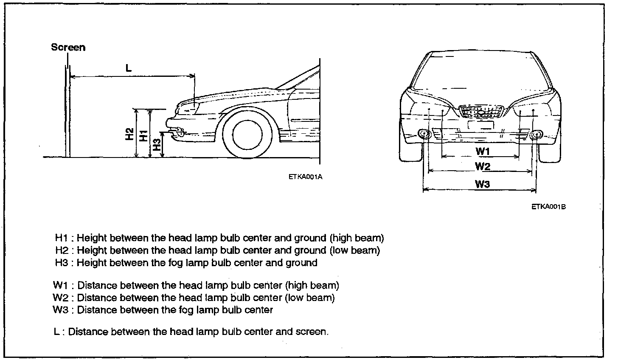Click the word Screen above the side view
tap(68, 47)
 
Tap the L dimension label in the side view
tap(129, 68)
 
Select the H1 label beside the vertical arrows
tap(144, 135)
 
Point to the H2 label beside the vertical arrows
tap(129, 134)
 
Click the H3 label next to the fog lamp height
tap(157, 145)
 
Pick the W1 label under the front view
tap(483, 151)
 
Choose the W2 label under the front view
tap(483, 166)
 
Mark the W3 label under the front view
tap(482, 184)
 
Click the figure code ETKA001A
tap(305, 177)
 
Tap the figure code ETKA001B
tap(548, 207)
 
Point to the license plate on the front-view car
tap(480, 125)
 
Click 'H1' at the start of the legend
tap(62, 238)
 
